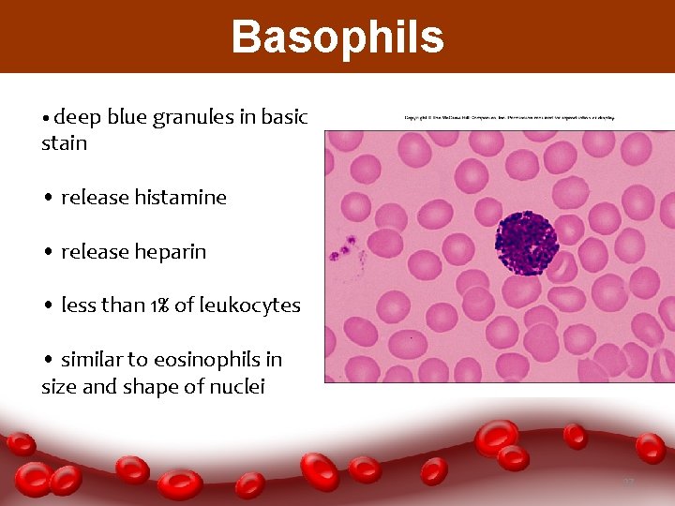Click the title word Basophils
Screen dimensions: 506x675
337,37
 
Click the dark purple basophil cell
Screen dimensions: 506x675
526,244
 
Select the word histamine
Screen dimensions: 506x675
181,198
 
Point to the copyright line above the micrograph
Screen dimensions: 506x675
509,118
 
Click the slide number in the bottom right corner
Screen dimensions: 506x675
628,482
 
